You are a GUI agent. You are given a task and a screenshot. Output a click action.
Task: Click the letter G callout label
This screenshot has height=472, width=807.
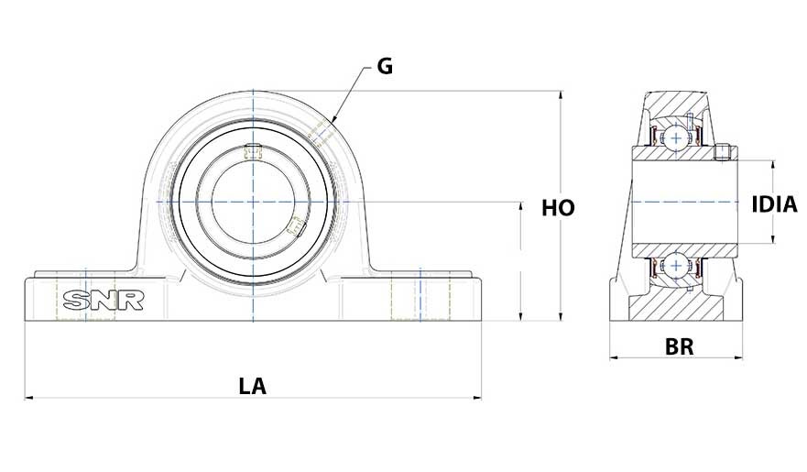(x=385, y=67)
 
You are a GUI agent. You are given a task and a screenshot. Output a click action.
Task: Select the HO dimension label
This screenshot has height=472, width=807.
(x=558, y=208)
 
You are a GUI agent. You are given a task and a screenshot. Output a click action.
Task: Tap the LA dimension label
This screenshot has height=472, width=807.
(x=252, y=386)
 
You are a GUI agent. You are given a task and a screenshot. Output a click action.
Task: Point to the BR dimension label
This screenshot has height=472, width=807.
(x=679, y=347)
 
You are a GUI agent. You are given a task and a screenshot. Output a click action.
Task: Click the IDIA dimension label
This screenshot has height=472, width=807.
(x=774, y=204)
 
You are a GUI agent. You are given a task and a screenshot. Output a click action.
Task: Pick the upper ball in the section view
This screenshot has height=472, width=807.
(x=676, y=137)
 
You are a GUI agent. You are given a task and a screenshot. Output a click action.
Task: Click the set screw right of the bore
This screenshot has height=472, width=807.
(x=296, y=225)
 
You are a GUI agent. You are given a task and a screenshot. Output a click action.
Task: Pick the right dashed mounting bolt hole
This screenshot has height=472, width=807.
(x=420, y=295)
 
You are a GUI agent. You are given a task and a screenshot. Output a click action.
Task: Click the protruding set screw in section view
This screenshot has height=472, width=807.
(x=724, y=152)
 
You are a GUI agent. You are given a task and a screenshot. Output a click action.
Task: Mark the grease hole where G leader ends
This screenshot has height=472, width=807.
(x=320, y=131)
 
